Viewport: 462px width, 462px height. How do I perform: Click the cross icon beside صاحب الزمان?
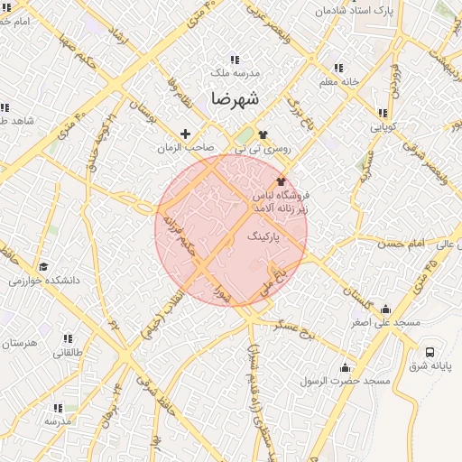(187, 134)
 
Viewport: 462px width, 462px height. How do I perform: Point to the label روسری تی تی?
(261, 147)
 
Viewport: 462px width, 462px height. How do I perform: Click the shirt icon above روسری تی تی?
(262, 134)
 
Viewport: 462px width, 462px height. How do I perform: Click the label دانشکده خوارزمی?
(44, 281)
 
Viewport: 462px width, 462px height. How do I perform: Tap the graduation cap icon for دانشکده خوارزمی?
(43, 266)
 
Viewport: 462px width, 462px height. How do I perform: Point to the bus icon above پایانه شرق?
(430, 352)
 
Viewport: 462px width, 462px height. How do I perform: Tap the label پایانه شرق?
(430, 366)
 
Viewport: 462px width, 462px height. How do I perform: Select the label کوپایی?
(383, 127)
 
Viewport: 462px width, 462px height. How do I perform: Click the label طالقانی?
(60, 353)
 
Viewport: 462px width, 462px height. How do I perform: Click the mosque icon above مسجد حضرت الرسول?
(345, 367)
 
